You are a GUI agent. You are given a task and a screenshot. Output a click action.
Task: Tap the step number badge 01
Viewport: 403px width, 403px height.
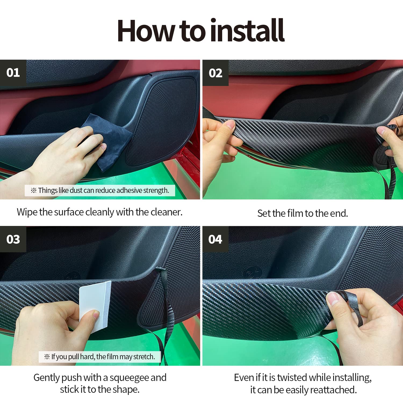coord(13,73)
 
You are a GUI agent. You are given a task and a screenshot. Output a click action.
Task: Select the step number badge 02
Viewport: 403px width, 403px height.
coord(215,73)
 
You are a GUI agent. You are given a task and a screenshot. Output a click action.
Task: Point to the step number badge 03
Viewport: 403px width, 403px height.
coord(13,239)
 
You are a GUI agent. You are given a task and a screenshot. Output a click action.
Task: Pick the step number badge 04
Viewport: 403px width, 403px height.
coord(215,239)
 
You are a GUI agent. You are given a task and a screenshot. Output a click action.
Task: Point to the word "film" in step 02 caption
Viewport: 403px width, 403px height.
coord(295,213)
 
